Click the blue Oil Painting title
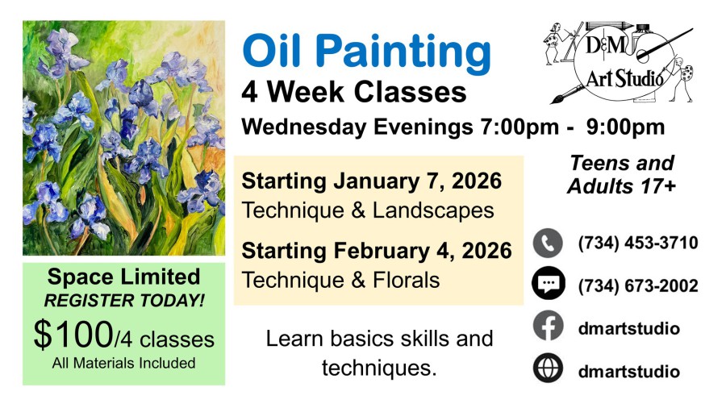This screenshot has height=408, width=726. coord(366,52)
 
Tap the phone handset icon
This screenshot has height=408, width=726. coord(548,243)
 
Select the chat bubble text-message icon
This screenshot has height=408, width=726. coord(549,283)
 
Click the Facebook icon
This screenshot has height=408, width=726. coord(549,326)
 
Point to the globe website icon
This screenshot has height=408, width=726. coord(549,368)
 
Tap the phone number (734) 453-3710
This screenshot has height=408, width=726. coord(637,243)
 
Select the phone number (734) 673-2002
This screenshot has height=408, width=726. coord(637,286)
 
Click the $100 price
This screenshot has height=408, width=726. coord(73,335)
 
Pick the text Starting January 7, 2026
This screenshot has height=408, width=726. coord(371,181)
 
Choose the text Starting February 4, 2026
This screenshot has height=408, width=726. coord(377,251)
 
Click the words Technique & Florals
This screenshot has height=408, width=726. coord(340,281)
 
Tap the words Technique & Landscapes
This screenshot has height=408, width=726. coord(368,211)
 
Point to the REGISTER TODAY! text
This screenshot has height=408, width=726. coord(124,301)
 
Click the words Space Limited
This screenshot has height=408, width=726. coord(123,277)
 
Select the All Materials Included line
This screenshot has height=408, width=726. coord(123,363)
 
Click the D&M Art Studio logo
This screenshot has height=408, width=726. coord(619,62)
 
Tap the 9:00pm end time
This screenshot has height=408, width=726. coord(625,127)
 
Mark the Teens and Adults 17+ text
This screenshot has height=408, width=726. coord(621,174)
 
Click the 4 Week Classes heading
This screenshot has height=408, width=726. coord(354,92)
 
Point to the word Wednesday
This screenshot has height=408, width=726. coord(304,127)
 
